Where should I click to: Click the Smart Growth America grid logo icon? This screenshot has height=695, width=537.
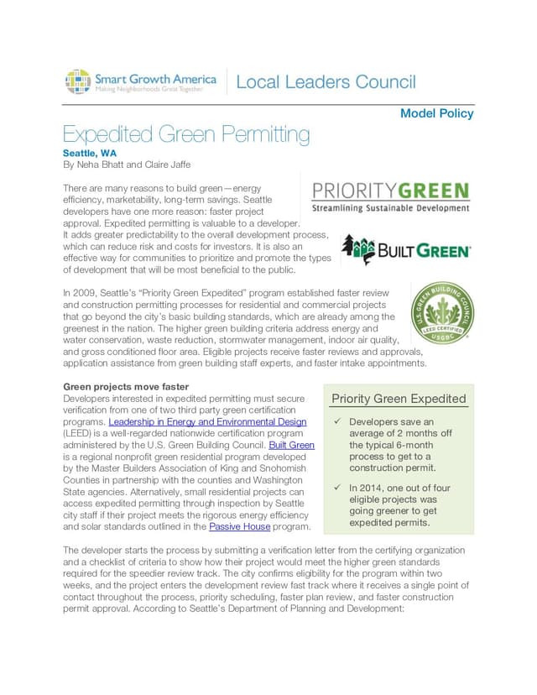[x=77, y=82]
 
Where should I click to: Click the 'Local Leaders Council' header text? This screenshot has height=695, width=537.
[x=326, y=82]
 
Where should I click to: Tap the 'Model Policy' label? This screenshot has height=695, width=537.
[x=436, y=113]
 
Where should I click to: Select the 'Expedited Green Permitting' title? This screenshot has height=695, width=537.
[x=186, y=134]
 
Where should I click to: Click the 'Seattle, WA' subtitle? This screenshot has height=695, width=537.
[x=90, y=154]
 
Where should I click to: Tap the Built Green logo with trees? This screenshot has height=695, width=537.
[x=406, y=250]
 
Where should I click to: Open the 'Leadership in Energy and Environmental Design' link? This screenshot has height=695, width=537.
[x=207, y=421]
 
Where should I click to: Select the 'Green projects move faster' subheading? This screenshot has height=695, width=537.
[x=126, y=386]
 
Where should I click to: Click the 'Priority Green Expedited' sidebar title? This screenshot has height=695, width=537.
[x=399, y=399]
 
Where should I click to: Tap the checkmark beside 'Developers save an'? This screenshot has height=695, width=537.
[x=336, y=421]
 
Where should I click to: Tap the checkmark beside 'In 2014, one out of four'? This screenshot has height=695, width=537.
[x=336, y=487]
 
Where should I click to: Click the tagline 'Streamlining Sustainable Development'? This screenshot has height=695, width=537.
[x=391, y=207]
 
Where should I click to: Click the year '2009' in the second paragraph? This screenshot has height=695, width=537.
[x=86, y=293]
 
